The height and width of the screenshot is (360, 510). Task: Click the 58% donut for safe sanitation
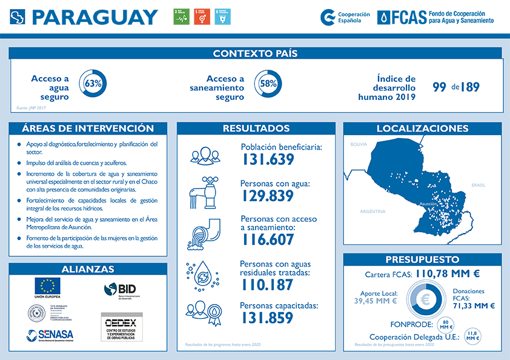(268, 84)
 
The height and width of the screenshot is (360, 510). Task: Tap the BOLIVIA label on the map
(359, 145)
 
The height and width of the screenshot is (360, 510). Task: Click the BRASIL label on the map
(479, 185)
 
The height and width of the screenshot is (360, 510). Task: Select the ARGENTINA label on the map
(373, 212)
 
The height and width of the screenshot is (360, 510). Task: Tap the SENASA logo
(50, 335)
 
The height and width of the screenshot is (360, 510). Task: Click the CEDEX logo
(121, 328)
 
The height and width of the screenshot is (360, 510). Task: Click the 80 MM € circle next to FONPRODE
(445, 325)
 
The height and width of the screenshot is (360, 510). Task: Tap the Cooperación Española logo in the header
(342, 17)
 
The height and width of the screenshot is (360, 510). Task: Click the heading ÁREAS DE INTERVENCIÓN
(87, 128)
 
